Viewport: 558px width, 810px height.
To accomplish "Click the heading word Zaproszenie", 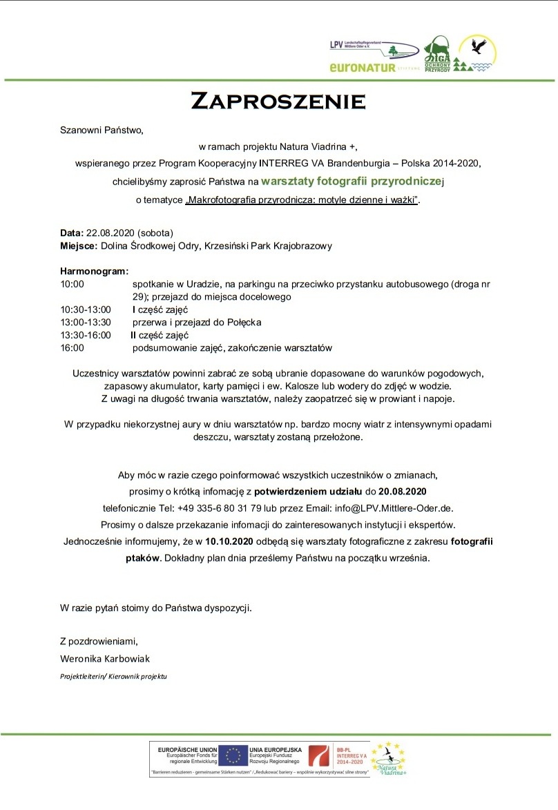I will pos(278,101).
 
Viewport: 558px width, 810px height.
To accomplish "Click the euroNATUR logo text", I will pos(363,68).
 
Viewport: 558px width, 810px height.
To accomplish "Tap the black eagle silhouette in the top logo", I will pos(477,47).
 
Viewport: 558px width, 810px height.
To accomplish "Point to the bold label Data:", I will pos(72,232).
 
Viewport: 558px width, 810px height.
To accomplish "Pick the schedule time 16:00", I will pos(72,347).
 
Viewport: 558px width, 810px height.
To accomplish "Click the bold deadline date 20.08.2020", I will pos(402,492).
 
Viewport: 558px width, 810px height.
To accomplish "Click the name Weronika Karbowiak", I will pos(105,658).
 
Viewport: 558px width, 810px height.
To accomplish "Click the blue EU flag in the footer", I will pos(233,755).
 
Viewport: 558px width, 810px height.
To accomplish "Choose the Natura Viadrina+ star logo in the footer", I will pos(388,758).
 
